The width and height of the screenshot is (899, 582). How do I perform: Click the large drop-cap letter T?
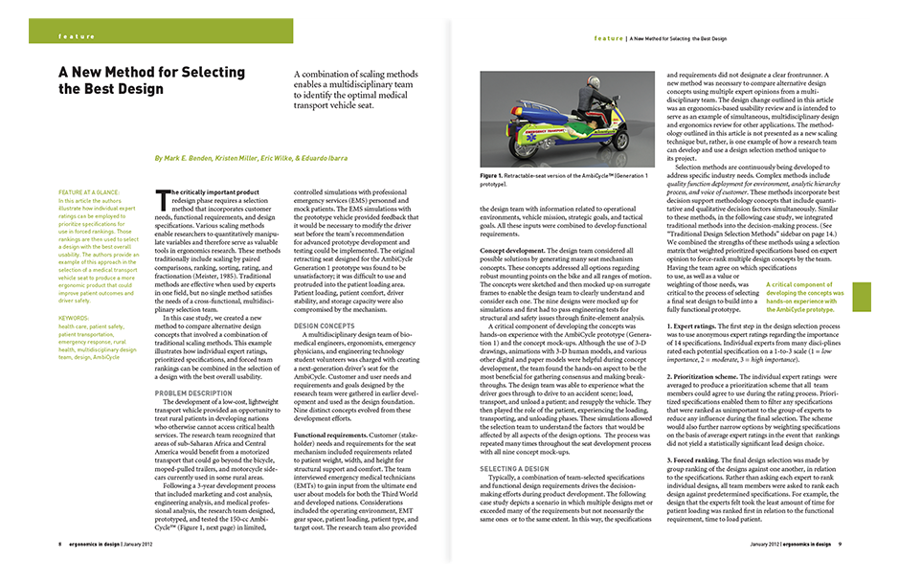tap(161, 196)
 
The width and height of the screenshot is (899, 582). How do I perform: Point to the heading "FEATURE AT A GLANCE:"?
tap(90, 193)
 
